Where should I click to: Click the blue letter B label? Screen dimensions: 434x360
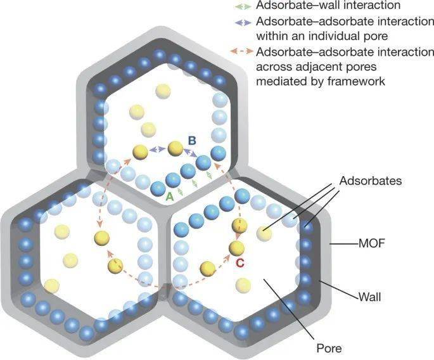coord(192,141)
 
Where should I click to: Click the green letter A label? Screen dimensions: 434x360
coord(170,196)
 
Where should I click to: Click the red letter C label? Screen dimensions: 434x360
coord(240,263)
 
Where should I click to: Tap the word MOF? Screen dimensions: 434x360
coord(371,243)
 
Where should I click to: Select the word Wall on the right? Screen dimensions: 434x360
coord(370,297)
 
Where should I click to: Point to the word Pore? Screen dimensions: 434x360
coord(329,348)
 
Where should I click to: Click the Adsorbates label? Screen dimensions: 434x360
coord(371,181)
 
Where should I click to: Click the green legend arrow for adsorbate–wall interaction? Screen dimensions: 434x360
coord(243,6)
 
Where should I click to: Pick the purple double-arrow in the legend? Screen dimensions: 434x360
coord(243,23)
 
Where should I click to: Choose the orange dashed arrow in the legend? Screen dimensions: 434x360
coord(242,51)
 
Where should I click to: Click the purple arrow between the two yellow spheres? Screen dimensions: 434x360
coord(158,150)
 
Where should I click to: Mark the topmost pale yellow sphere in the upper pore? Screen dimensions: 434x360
coord(163,91)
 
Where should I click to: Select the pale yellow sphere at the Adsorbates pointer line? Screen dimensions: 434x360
coord(264,233)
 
